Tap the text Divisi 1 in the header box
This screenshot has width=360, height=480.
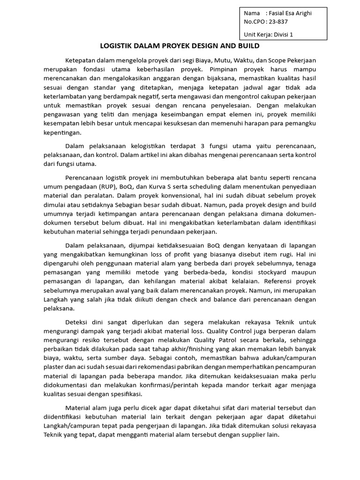pos(292,34)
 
